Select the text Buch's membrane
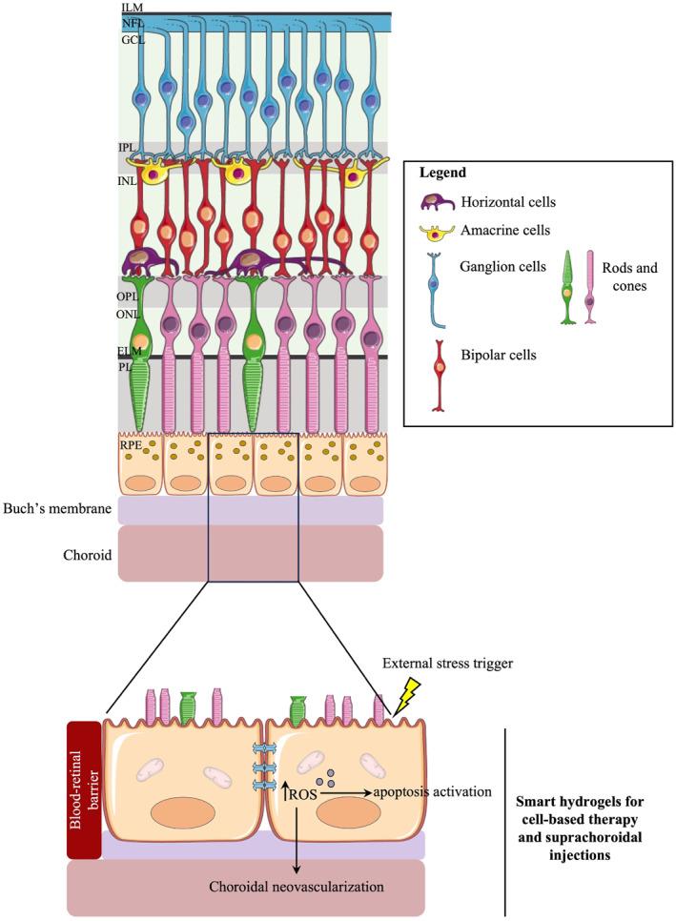56,510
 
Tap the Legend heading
441,174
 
